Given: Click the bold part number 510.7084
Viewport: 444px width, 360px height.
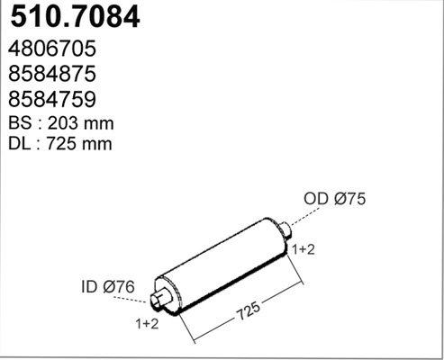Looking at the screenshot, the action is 75,17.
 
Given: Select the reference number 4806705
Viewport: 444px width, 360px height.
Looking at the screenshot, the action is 52,49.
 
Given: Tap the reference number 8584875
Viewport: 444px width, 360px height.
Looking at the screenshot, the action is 52,74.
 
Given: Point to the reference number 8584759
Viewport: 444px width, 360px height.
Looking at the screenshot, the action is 52,99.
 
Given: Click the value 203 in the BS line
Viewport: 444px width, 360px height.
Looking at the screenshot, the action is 63,123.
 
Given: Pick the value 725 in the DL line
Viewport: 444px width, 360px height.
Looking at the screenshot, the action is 61,144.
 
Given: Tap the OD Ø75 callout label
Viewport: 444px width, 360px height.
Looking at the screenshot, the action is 335,199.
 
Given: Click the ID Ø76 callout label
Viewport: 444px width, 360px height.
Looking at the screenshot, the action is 108,287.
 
